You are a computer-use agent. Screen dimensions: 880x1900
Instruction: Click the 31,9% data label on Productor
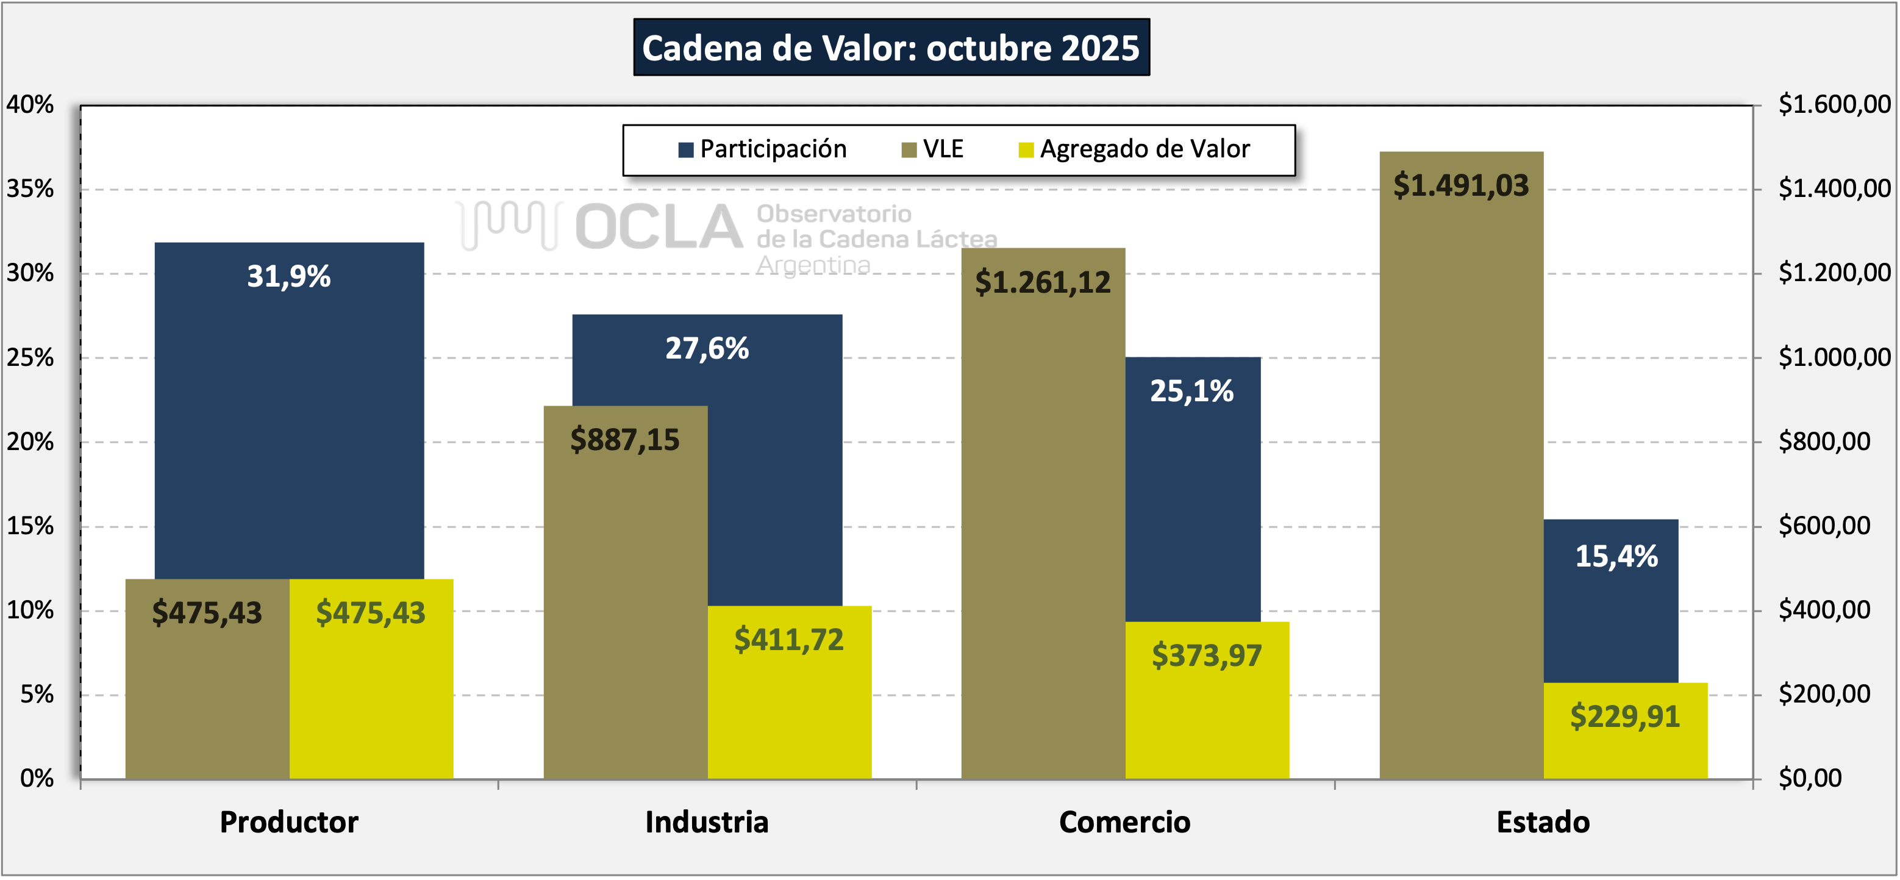click(x=288, y=277)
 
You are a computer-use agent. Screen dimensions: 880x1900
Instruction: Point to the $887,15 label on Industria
click(x=625, y=440)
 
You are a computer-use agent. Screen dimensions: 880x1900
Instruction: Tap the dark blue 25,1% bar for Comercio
click(x=1193, y=487)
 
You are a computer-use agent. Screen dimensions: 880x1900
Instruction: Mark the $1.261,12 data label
click(x=1042, y=282)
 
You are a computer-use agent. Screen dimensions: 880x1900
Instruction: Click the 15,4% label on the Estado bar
click(x=1616, y=557)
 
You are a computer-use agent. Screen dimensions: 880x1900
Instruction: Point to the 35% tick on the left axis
click(x=30, y=190)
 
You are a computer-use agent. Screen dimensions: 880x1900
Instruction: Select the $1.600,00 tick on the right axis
click(x=1834, y=105)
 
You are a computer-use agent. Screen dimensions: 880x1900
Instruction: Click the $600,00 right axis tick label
click(x=1823, y=526)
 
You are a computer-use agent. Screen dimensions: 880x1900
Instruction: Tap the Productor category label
click(x=288, y=821)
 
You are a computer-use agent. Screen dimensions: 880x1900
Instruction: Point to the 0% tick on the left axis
click(x=37, y=778)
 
